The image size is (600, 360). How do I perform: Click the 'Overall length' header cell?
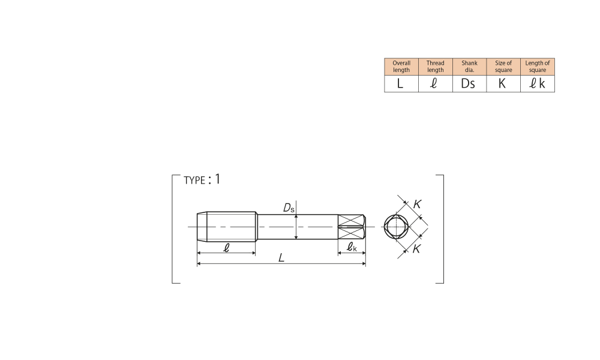401,67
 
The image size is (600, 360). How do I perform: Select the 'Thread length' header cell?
436,67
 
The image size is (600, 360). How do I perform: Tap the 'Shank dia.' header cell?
470,67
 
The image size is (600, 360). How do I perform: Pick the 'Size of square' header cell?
503,67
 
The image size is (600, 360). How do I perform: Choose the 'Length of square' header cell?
538,67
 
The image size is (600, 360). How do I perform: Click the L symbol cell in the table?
401,84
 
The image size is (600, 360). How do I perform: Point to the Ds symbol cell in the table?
470,84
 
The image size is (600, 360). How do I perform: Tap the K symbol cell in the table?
503,84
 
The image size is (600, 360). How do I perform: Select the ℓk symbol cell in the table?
538,84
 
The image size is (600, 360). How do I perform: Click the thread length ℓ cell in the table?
436,84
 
